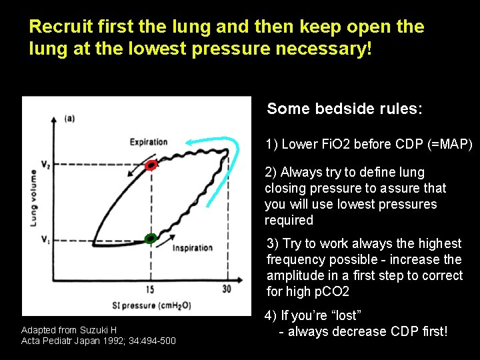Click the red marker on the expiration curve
151,165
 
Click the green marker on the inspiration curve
151,238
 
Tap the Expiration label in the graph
148,141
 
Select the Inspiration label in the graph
192,248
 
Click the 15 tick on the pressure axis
150,290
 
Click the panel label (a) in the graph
69,119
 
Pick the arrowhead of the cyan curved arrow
189,142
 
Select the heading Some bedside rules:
344,109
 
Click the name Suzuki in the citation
93,330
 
